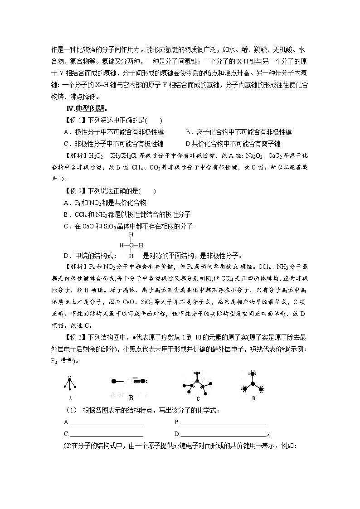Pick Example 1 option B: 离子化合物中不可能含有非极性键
click(238, 132)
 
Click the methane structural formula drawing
click(131, 245)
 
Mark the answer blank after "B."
click(223, 422)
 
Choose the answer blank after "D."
click(223, 434)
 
